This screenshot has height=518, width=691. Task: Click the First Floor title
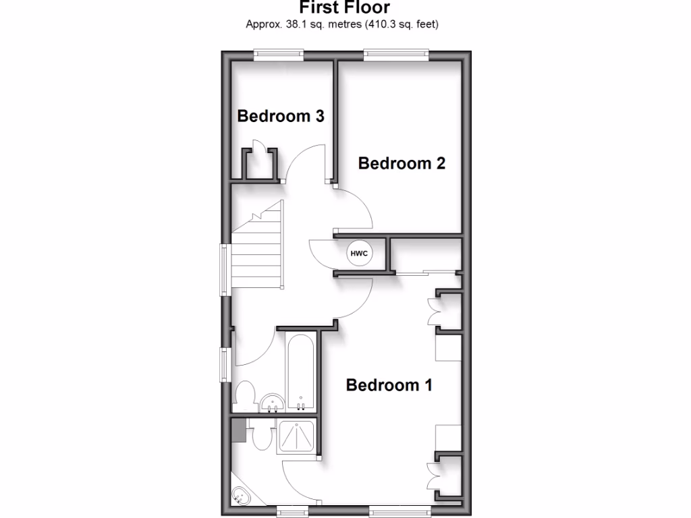(x=345, y=7)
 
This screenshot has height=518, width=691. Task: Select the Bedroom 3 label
(x=281, y=116)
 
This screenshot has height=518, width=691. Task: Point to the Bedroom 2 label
(x=402, y=163)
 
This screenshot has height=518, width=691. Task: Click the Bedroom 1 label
(x=389, y=385)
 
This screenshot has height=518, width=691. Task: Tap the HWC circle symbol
(x=358, y=254)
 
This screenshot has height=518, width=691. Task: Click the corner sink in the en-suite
(x=241, y=496)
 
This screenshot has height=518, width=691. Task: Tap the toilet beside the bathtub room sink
(x=244, y=396)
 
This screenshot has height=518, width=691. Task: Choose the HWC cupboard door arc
(x=322, y=256)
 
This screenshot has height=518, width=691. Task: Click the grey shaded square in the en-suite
(x=238, y=431)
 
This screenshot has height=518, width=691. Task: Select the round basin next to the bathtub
(x=273, y=403)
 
